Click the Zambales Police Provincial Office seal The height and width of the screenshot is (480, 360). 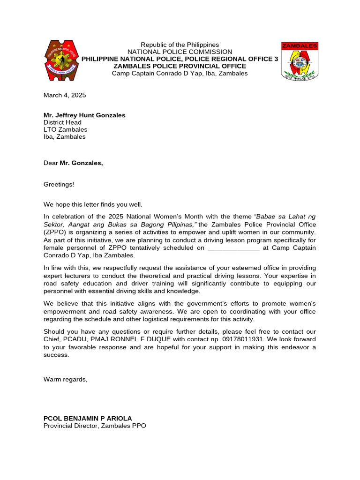[300, 61]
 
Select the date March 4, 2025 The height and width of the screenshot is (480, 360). [65, 95]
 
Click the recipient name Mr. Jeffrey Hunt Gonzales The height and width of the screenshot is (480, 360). [84, 115]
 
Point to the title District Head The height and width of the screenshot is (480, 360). [62, 122]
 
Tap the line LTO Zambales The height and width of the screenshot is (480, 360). [65, 130]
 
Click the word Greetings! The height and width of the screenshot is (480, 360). [59, 185]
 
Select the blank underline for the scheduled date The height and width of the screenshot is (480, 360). [233, 248]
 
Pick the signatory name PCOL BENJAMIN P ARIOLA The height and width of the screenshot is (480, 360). [88, 418]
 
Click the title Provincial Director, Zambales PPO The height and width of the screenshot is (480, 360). [95, 426]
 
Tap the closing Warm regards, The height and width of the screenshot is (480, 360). [65, 379]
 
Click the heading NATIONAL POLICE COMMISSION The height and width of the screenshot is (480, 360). [180, 52]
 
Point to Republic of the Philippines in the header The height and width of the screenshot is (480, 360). [180, 45]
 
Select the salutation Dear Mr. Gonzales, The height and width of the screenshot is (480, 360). [73, 163]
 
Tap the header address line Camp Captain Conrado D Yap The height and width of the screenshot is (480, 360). [180, 74]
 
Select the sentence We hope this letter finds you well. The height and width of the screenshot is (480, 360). [93, 205]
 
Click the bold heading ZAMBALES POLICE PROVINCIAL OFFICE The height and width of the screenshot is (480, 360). [180, 66]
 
